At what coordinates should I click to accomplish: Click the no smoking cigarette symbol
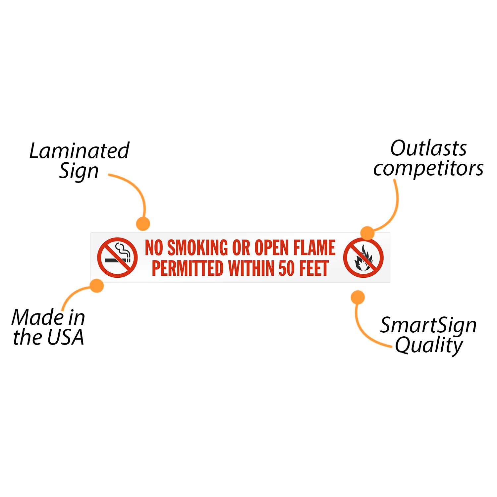(117, 257)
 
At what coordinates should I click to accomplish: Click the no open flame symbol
(363, 257)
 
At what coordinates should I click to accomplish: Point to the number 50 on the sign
(287, 268)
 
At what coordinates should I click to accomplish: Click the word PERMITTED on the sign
(188, 268)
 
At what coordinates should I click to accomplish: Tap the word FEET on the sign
(314, 268)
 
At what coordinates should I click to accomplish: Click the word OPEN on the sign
(272, 248)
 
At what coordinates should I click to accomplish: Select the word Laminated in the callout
(79, 151)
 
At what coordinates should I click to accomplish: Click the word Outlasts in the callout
(428, 148)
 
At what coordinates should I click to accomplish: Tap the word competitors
(428, 168)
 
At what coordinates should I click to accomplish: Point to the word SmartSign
(428, 325)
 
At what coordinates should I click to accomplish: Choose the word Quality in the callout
(429, 345)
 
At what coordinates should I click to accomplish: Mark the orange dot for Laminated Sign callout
(143, 224)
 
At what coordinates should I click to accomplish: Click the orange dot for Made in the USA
(97, 286)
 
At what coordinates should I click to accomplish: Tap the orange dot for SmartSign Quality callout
(358, 297)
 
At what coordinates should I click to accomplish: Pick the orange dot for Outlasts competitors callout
(367, 233)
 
